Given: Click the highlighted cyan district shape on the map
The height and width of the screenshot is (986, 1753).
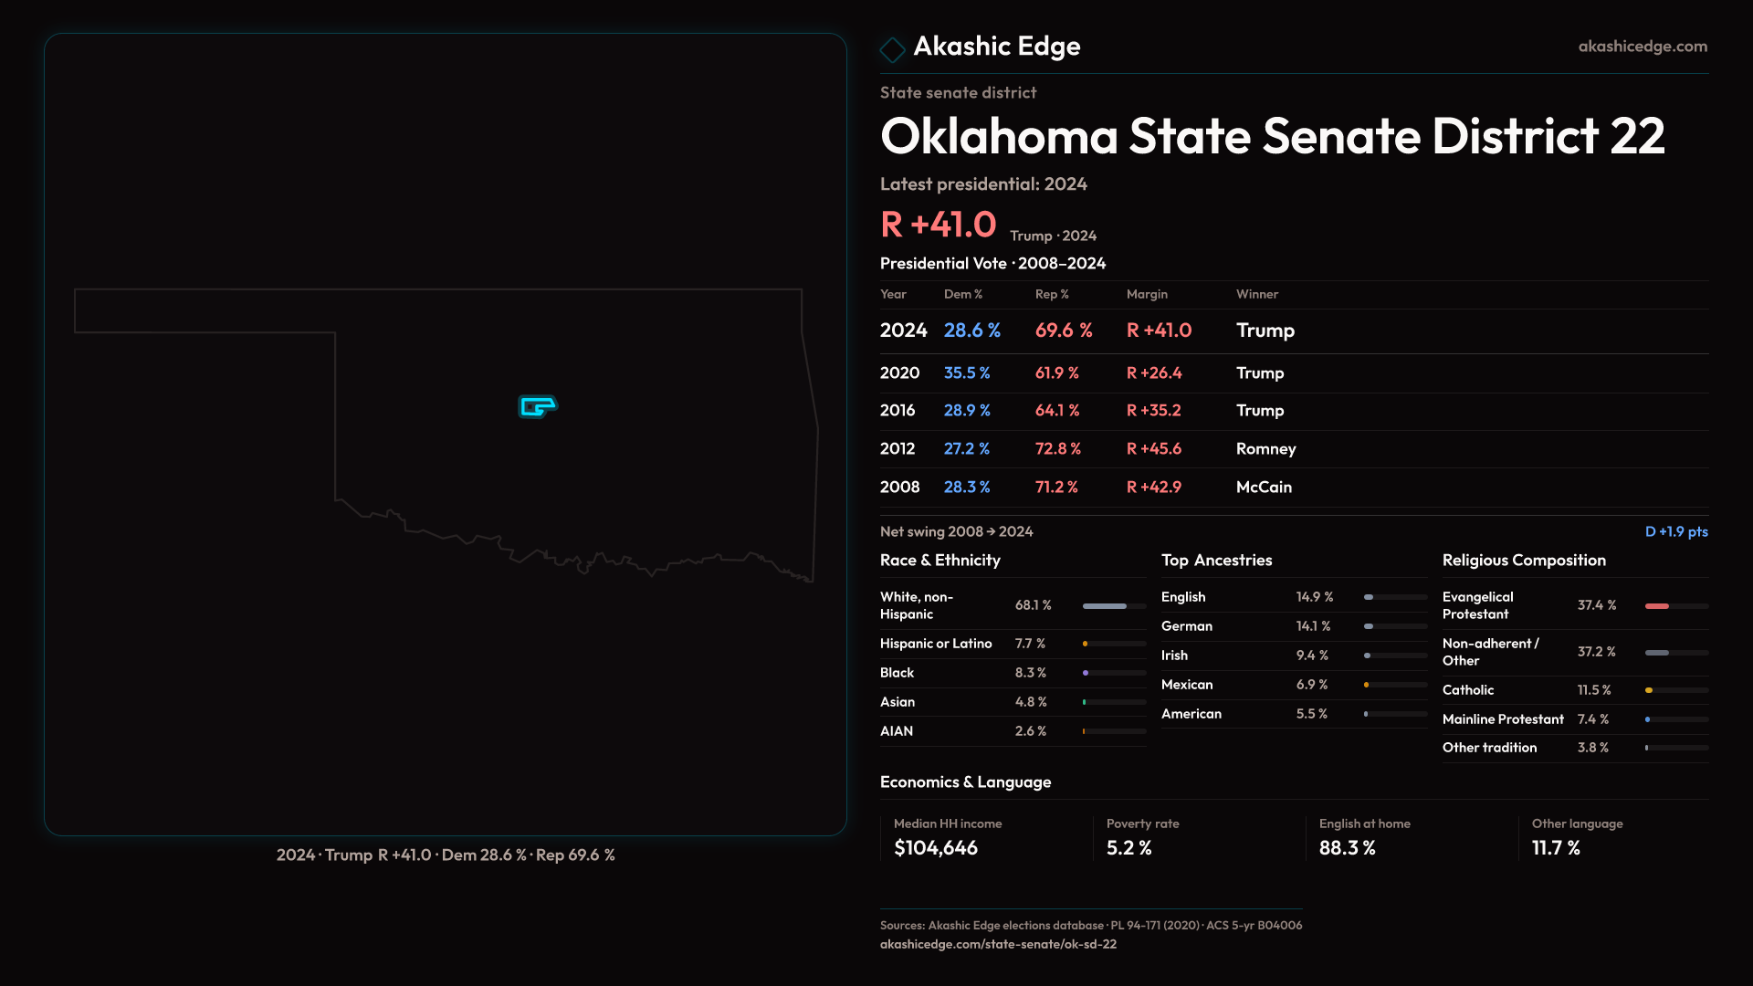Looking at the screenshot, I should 537,405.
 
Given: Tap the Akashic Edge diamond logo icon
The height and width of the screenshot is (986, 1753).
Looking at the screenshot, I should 892,49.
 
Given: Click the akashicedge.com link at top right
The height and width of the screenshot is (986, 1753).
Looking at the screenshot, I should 1642,47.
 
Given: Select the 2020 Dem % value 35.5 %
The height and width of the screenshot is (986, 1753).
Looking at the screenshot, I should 966,373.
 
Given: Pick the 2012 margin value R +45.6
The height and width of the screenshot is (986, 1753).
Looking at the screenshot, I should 1153,449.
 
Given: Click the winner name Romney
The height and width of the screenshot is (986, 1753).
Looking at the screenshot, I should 1265,449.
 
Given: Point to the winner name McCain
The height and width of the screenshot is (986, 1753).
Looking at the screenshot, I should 1264,488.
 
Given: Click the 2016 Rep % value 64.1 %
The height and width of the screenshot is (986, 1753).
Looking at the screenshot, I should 1056,411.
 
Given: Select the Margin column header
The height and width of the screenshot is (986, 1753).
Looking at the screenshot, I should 1147,294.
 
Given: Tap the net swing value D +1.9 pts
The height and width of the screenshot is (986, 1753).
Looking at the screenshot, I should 1675,532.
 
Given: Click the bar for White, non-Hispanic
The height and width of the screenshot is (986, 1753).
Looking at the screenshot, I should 1114,606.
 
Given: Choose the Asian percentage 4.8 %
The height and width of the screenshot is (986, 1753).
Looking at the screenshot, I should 1031,702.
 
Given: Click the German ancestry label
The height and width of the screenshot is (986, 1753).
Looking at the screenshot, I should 1186,626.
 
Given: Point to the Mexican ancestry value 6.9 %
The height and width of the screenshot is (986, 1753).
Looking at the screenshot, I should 1311,685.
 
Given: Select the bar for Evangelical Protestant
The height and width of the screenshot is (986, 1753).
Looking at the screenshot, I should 1676,606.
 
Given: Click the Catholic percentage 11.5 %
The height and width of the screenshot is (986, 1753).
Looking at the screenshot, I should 1593,690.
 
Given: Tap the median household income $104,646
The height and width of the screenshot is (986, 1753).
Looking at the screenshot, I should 935,848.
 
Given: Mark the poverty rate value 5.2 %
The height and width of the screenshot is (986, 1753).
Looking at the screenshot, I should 1128,848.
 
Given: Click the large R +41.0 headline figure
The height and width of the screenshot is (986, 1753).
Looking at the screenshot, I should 938,225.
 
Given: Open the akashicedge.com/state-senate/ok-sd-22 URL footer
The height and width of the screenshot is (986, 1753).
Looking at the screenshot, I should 998,945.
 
